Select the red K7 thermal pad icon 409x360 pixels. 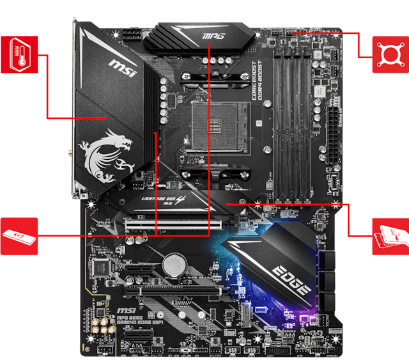[19, 234]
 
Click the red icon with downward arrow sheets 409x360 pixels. [389, 235]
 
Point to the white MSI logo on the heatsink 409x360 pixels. [121, 68]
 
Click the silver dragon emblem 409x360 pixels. [105, 154]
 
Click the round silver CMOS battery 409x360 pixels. [173, 263]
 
